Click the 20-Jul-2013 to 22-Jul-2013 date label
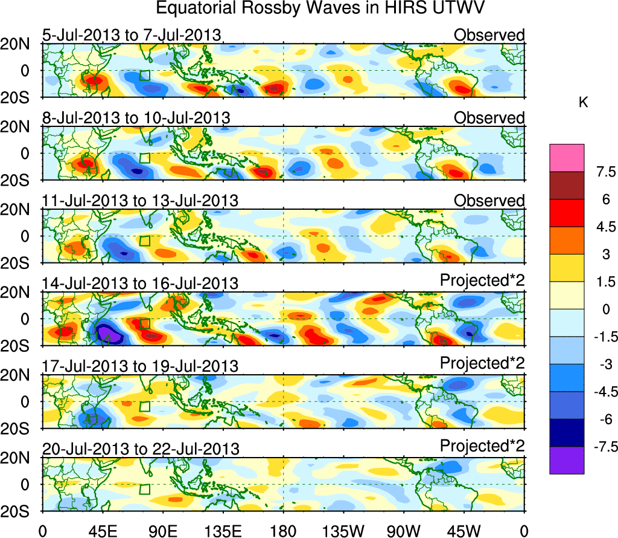pyautogui.click(x=141, y=449)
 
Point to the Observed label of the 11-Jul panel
pyautogui.click(x=489, y=200)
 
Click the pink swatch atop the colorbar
pyautogui.click(x=567, y=158)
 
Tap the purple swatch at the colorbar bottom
pyautogui.click(x=567, y=460)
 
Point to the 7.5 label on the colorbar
pyautogui.click(x=604, y=172)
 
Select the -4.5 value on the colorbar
pyautogui.click(x=601, y=392)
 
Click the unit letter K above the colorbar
pyautogui.click(x=583, y=103)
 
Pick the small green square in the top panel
pyautogui.click(x=144, y=76)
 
